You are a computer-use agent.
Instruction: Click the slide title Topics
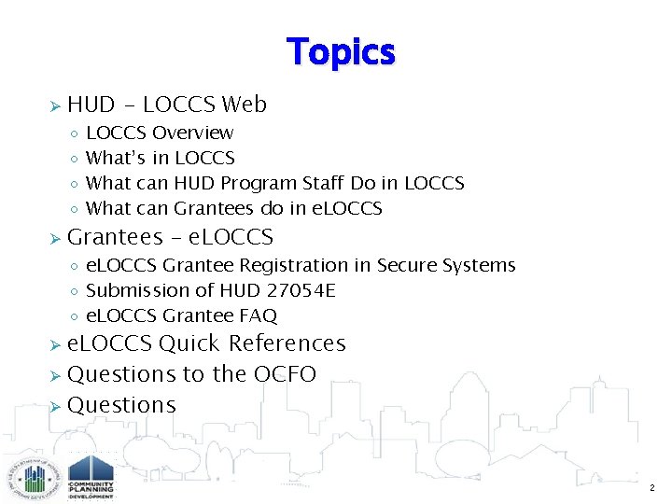click(341, 51)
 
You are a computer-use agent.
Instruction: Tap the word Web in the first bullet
click(245, 105)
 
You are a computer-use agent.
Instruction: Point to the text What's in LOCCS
click(160, 159)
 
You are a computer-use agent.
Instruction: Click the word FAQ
click(257, 316)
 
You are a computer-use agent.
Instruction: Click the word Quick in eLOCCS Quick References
click(189, 343)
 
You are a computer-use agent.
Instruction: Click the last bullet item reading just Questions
click(121, 405)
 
